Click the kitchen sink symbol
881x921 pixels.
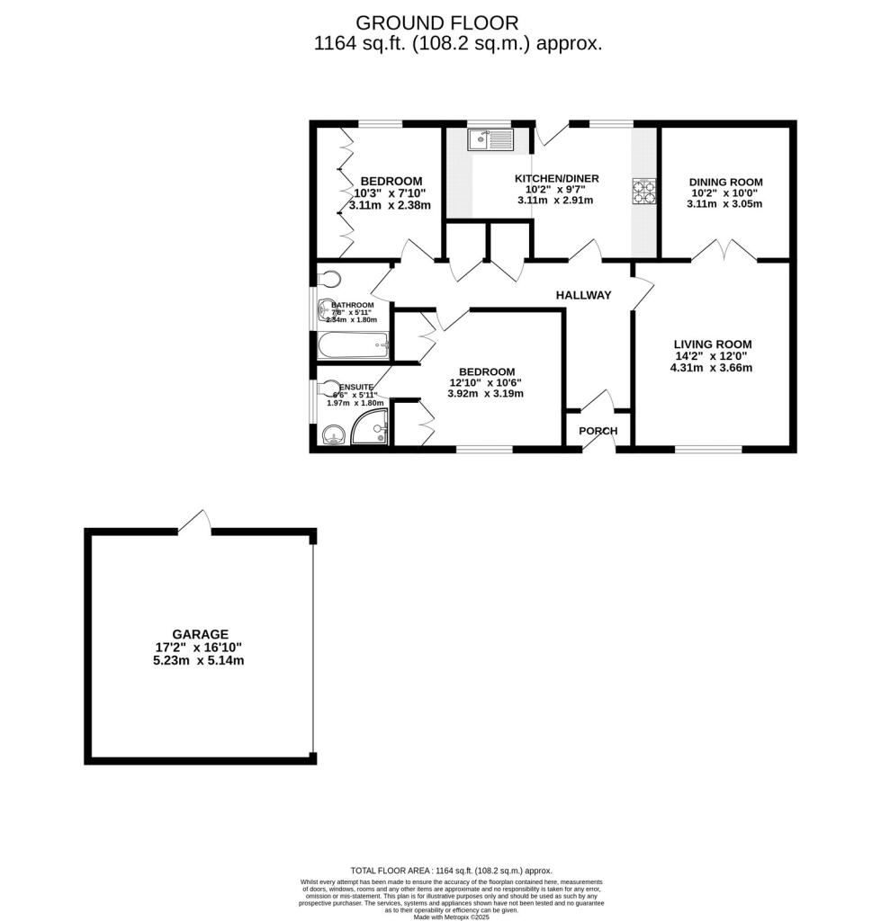click(x=490, y=139)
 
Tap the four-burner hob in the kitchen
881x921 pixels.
click(x=645, y=191)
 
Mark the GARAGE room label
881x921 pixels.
click(x=201, y=633)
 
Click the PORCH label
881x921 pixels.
click(x=598, y=431)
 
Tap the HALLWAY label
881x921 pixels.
click(x=583, y=295)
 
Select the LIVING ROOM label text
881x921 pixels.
click(x=713, y=344)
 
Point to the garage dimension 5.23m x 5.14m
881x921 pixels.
click(x=200, y=659)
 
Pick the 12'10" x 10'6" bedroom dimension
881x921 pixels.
click(x=486, y=382)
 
